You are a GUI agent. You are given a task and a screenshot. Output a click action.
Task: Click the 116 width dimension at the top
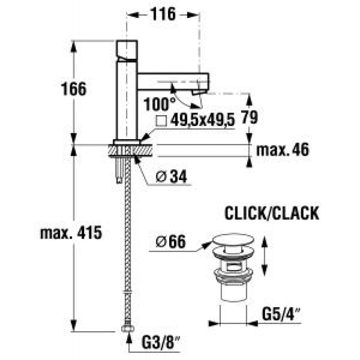(163, 14)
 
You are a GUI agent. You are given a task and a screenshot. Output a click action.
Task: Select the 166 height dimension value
(74, 89)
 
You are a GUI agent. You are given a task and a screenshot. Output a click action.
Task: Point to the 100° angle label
(160, 104)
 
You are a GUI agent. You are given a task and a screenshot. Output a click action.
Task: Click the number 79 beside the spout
(250, 117)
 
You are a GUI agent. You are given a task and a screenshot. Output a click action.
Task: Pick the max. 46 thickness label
(283, 150)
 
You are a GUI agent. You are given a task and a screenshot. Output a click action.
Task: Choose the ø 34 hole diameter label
(171, 177)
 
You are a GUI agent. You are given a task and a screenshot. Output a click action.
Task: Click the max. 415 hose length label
(71, 233)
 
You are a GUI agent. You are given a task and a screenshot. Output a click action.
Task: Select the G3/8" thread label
(161, 343)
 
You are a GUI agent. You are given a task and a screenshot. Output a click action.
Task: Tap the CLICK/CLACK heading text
(272, 213)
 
